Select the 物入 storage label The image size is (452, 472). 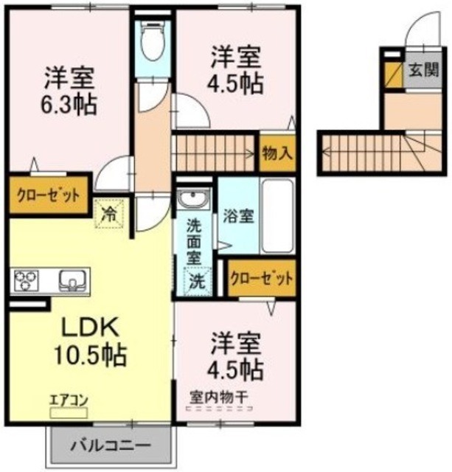pyautogui.click(x=277, y=154)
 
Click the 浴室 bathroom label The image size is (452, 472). pyautogui.click(x=239, y=216)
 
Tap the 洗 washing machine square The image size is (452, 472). pyautogui.click(x=197, y=281)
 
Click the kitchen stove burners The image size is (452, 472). pyautogui.click(x=27, y=281)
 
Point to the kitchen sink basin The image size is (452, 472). pyautogui.click(x=72, y=281)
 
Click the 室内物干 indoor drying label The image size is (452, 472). pyautogui.click(x=218, y=396)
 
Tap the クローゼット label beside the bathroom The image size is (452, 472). pyautogui.click(x=261, y=279)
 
